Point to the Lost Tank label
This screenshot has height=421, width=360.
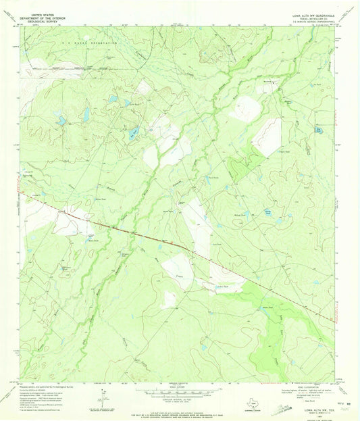(217, 244)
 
